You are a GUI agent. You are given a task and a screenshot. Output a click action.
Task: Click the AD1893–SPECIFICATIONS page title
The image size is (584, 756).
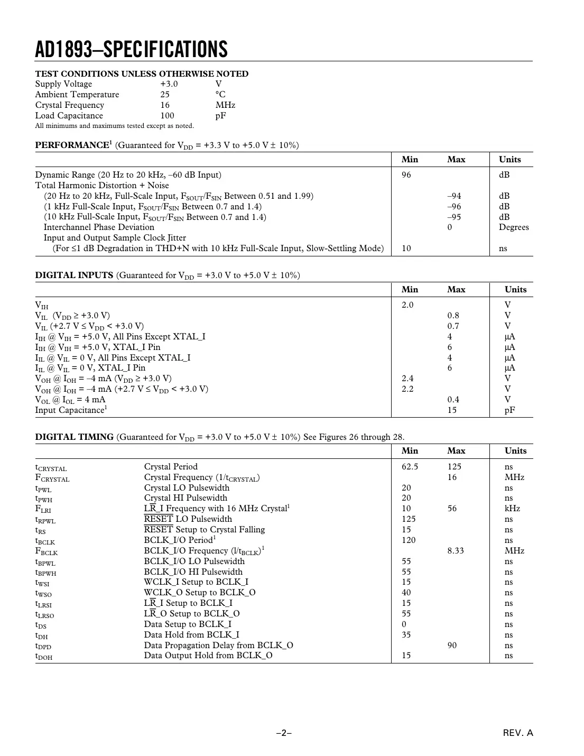click(131, 49)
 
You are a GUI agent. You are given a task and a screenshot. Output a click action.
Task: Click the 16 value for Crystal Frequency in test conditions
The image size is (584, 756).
click(165, 105)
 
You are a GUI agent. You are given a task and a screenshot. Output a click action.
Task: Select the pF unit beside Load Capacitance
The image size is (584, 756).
click(220, 116)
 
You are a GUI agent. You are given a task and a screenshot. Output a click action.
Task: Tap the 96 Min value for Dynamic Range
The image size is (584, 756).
click(406, 175)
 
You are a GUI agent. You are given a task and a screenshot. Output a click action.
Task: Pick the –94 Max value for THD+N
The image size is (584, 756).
click(454, 196)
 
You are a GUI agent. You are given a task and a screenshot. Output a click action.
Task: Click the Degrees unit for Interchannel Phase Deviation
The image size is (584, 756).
click(513, 227)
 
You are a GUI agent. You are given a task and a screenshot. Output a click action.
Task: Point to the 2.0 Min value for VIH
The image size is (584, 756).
click(407, 305)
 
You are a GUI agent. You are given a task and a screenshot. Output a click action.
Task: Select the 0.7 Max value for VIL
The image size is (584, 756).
click(453, 326)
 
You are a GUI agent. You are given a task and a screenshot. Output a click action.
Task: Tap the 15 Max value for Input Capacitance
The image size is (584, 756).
click(452, 410)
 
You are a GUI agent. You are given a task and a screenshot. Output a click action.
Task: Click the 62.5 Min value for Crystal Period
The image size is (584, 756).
click(410, 467)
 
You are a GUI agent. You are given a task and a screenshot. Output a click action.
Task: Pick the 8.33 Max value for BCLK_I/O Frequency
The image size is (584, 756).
click(455, 551)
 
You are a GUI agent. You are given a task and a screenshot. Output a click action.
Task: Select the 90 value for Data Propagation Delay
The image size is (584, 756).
click(452, 646)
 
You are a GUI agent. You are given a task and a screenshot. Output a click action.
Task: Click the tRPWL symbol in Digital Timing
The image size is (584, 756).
click(45, 520)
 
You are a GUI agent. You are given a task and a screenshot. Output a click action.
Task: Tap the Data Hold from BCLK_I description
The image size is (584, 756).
click(191, 635)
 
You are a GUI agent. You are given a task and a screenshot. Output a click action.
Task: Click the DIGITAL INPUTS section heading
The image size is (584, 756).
click(74, 275)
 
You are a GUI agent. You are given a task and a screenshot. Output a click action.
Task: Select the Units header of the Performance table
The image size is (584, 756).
click(509, 160)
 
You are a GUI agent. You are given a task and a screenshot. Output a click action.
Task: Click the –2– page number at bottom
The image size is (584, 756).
click(284, 733)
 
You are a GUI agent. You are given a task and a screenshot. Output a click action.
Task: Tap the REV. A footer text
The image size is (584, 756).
click(518, 733)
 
